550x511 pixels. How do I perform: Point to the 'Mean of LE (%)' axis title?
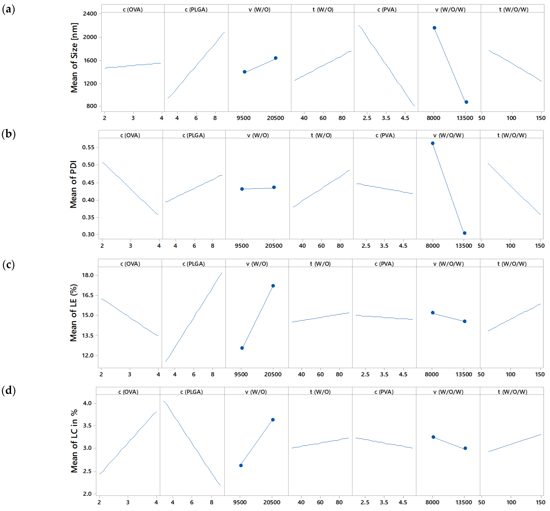coord(73,313)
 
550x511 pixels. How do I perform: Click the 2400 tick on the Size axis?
coord(90,14)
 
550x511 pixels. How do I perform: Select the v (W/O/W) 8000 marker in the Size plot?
coord(434,28)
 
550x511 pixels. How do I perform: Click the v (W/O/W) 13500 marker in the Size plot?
coord(466,102)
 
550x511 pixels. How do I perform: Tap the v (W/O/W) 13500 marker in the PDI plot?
coord(465,233)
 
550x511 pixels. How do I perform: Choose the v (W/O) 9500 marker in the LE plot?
coord(242,348)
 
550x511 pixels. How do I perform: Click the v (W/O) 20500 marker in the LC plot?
coord(273,420)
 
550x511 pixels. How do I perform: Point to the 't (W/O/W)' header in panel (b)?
coord(512,135)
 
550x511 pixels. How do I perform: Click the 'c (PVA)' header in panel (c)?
coord(384,264)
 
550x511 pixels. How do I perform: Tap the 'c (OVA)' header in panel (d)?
coord(128,392)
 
